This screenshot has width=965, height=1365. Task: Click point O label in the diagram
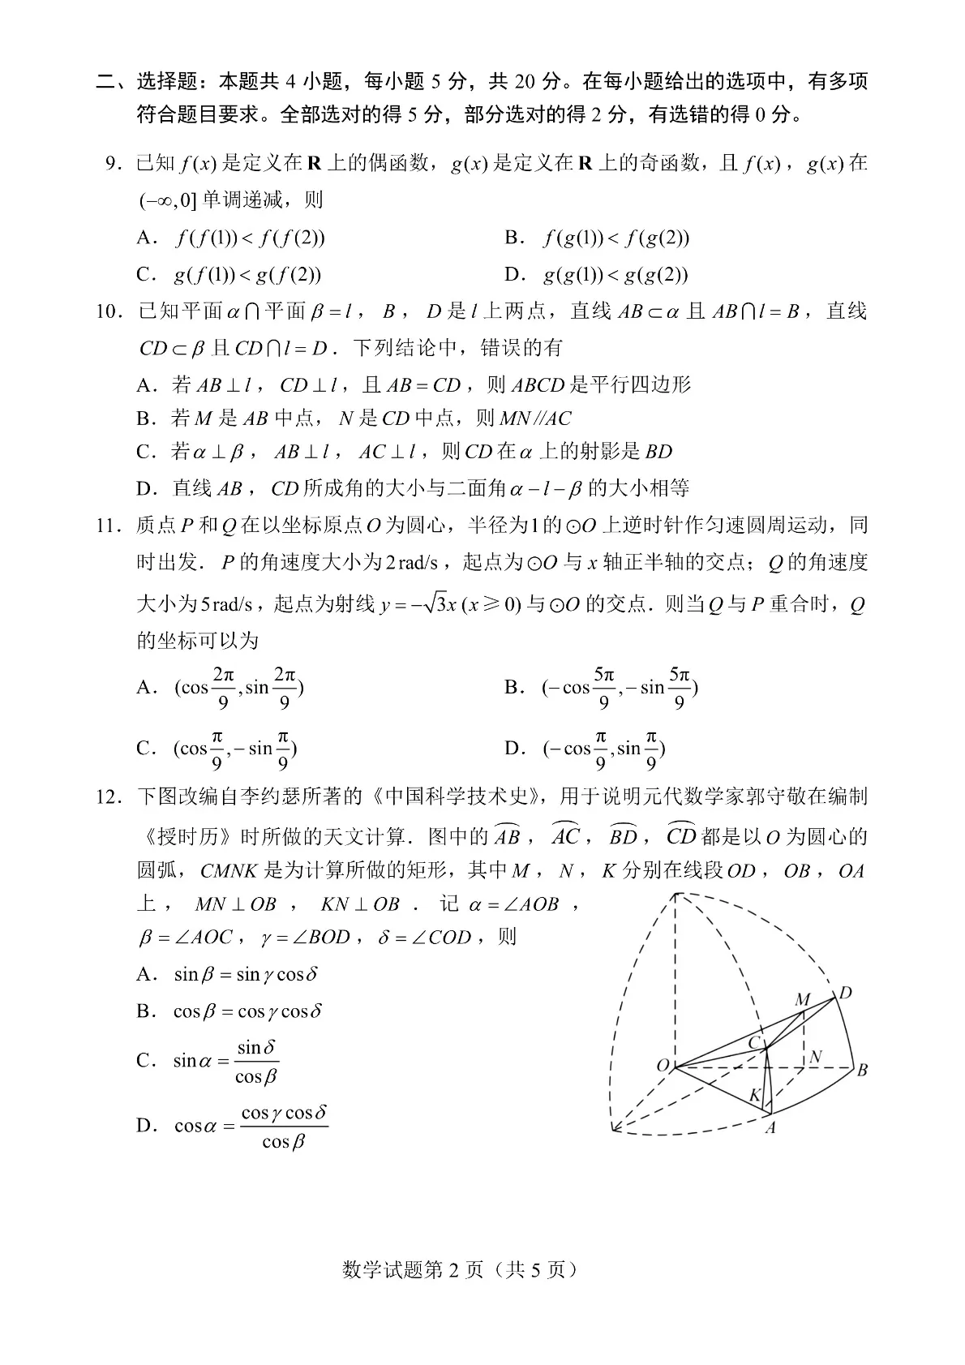[x=663, y=1065]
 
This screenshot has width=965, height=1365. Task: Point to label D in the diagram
[x=845, y=993]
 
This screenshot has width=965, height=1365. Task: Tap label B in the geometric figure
[x=862, y=1070]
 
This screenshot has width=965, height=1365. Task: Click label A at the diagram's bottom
[x=770, y=1127]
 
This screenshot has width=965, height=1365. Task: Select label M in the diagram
[x=802, y=999]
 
